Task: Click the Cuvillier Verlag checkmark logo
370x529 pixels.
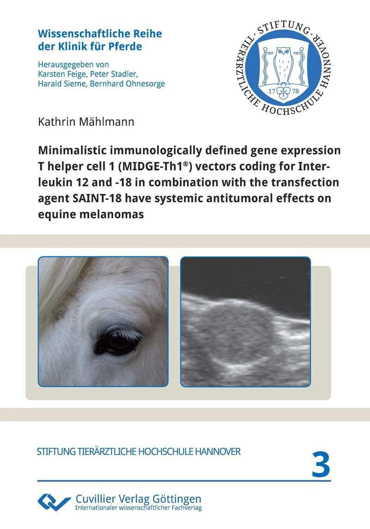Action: (54, 501)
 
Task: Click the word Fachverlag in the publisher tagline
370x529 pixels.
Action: (182, 508)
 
